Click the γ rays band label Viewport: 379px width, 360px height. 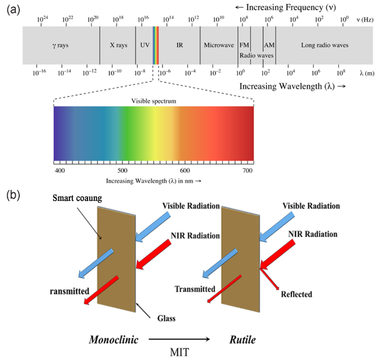pyautogui.click(x=60, y=44)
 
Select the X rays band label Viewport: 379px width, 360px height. pyautogui.click(x=120, y=44)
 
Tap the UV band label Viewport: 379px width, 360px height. pyautogui.click(x=145, y=44)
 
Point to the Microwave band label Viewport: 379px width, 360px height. pyautogui.click(x=219, y=44)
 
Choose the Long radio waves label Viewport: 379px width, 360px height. pyautogui.click(x=324, y=44)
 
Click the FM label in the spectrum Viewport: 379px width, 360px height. pyautogui.click(x=245, y=44)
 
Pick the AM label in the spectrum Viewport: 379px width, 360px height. pyautogui.click(x=269, y=44)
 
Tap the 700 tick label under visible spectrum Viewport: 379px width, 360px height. pyautogui.click(x=247, y=171)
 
